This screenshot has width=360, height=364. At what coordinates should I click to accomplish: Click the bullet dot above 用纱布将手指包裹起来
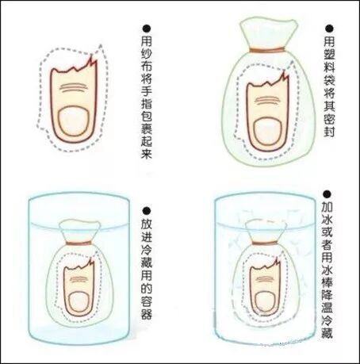coord(144,27)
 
